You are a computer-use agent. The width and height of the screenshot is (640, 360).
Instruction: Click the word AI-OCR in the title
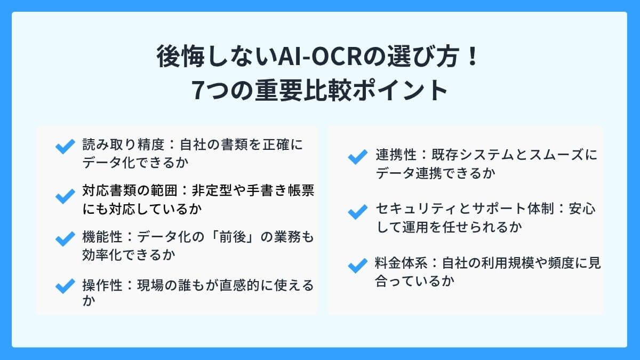(314, 58)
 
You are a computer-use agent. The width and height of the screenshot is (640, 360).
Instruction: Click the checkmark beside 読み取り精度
(65, 147)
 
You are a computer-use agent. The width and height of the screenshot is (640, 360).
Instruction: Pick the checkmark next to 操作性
(65, 286)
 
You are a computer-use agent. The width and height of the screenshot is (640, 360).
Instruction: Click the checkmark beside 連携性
(356, 157)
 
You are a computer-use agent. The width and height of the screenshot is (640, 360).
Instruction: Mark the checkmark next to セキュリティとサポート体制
(356, 211)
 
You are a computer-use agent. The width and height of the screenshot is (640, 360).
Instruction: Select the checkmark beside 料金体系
(356, 265)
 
